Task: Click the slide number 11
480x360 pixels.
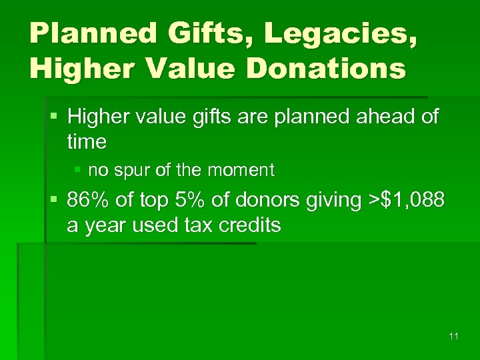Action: coord(453,336)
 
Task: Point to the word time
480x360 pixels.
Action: coord(87,141)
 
